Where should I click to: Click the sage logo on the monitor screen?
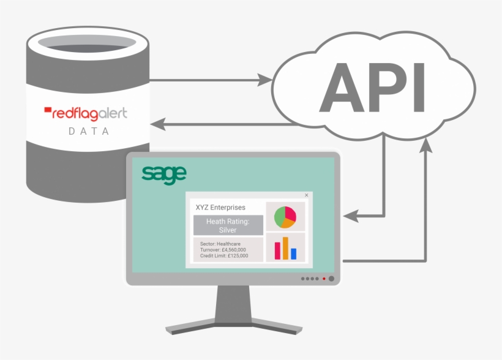(x=163, y=173)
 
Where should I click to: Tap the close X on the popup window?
(x=306, y=195)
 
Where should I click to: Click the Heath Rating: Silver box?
(x=228, y=225)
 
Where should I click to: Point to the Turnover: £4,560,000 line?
(x=223, y=250)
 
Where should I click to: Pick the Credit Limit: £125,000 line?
(x=224, y=256)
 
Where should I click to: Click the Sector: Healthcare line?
(x=220, y=244)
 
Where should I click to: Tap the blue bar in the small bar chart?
(x=293, y=253)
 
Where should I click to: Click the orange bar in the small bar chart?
(x=285, y=248)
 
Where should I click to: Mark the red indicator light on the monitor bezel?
(x=324, y=279)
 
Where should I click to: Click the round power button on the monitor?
(x=331, y=279)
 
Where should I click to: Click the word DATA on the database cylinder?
(x=89, y=131)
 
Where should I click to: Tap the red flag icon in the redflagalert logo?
(x=48, y=111)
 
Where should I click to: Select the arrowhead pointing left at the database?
(x=157, y=124)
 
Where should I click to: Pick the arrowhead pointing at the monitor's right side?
(x=350, y=216)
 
